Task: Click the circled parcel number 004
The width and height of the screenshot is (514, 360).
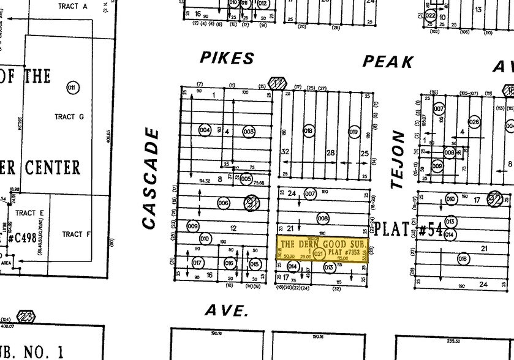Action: pyautogui.click(x=205, y=130)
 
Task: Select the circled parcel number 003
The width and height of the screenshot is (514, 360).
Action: pyautogui.click(x=248, y=131)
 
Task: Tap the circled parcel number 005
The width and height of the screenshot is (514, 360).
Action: pyautogui.click(x=246, y=179)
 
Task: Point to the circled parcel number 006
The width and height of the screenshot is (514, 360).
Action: pyautogui.click(x=223, y=203)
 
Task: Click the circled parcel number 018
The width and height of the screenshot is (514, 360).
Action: pyautogui.click(x=309, y=131)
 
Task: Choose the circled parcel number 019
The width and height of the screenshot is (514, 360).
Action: pyautogui.click(x=353, y=131)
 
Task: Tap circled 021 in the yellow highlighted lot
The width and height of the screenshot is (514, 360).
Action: pyautogui.click(x=319, y=253)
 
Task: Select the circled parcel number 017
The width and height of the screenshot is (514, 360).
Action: pyautogui.click(x=197, y=263)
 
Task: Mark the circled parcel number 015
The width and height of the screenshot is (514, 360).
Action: pyautogui.click(x=254, y=264)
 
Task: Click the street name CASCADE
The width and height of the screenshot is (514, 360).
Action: pyautogui.click(x=151, y=179)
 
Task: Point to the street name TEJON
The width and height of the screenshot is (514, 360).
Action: pyautogui.click(x=399, y=159)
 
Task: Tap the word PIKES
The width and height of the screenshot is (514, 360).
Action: pyautogui.click(x=227, y=58)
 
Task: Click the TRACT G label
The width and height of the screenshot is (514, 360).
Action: pyautogui.click(x=65, y=116)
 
